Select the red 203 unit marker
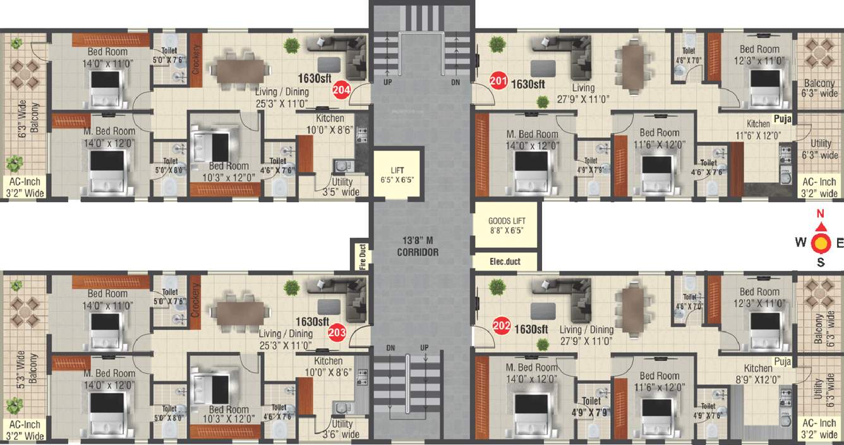point(337,332)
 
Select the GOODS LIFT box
point(505,225)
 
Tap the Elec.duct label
point(505,260)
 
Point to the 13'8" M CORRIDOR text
point(418,246)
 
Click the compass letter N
point(821,214)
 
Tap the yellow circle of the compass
point(821,242)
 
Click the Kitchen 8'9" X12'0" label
point(758,374)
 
